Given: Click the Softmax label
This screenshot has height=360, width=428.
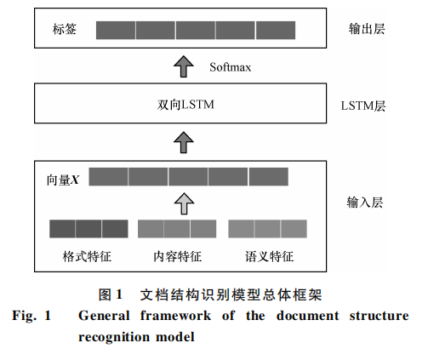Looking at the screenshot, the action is [231, 67].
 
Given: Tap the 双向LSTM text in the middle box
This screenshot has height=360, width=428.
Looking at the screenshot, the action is [185, 105].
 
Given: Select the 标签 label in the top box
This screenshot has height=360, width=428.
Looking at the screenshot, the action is [65, 29].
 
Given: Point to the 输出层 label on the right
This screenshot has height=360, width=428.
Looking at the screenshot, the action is [367, 29].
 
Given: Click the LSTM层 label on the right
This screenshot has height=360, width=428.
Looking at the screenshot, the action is [363, 106].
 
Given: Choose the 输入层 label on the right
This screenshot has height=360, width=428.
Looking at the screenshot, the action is [365, 203].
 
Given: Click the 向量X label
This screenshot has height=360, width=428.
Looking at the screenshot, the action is [63, 180].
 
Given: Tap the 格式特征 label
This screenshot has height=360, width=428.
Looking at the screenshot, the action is [87, 256].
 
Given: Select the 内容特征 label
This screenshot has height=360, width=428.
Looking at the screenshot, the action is [178, 256].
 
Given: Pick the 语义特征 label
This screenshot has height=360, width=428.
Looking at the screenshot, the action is [269, 256].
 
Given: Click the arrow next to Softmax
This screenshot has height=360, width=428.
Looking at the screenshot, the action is [184, 66].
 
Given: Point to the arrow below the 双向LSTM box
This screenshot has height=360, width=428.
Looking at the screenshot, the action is [184, 142].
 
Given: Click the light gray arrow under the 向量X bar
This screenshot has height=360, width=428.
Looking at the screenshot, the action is [184, 203].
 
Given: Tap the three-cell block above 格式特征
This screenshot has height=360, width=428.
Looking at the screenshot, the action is [88, 229].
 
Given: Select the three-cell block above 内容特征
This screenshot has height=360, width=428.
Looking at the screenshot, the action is [177, 229].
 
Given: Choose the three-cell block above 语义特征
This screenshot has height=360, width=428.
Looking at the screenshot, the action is [267, 229].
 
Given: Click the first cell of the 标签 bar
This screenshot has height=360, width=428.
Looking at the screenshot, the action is [116, 30].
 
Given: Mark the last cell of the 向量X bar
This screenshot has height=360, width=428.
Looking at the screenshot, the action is [269, 177].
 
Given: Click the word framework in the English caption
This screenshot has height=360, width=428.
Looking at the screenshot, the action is [175, 316].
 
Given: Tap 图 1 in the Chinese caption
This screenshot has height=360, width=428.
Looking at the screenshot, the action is [111, 294].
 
